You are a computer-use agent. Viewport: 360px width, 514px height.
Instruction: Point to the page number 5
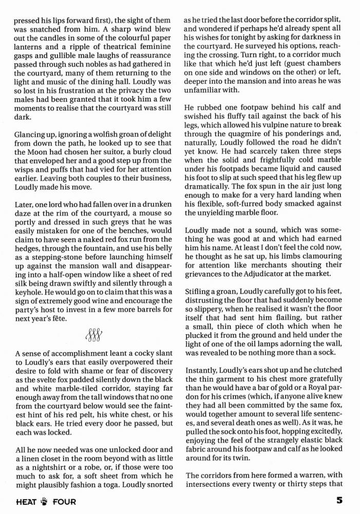point(339,499)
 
